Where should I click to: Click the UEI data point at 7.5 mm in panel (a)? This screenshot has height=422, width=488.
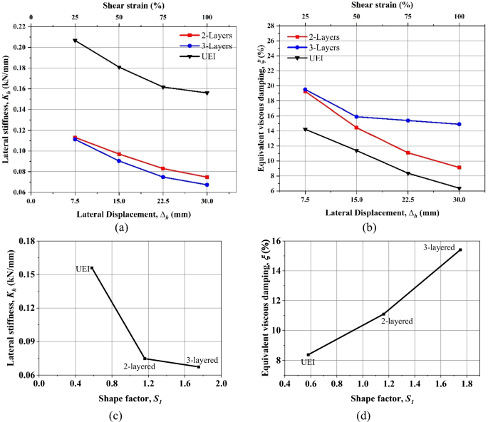75,41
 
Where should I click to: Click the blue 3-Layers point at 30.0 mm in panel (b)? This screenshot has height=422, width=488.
459,124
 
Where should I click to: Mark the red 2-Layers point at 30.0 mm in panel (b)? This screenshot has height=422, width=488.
459,168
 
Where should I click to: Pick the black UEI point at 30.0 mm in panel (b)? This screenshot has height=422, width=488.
459,188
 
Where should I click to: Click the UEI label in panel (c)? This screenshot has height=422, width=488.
82,269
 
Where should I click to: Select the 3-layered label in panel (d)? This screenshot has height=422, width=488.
440,247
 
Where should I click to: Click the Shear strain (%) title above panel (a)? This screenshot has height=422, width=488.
119,5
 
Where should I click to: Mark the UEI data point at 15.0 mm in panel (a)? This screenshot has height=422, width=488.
119,68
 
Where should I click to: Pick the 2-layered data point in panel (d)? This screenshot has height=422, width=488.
384,314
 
